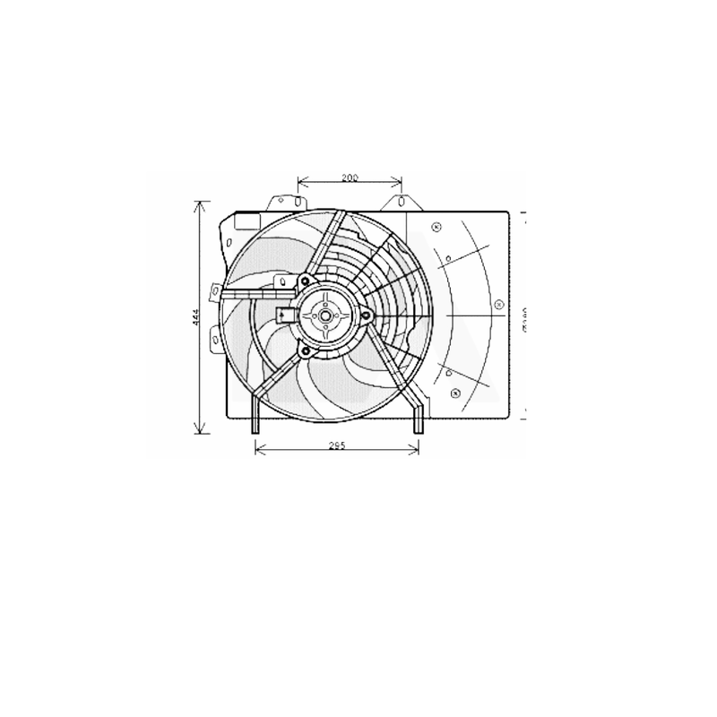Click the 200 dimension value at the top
coord(350,178)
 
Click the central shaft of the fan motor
coord(324,315)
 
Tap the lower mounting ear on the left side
coord(215,338)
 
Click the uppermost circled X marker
coord(436,226)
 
